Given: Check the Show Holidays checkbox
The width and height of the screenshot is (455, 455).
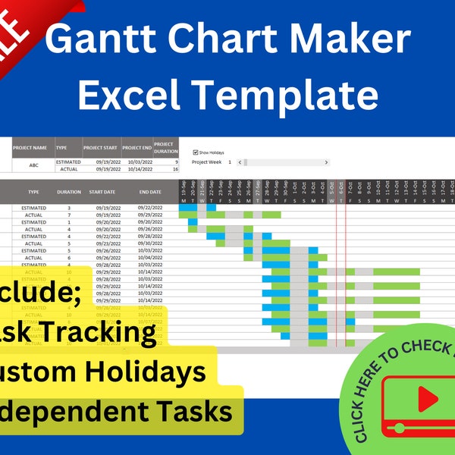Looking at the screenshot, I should coord(195,152).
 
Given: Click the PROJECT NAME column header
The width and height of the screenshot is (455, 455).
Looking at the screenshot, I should coord(33,148).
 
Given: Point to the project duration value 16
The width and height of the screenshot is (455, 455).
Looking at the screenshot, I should coord(175,170).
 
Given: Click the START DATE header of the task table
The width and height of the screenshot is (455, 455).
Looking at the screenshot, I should coord(102,193).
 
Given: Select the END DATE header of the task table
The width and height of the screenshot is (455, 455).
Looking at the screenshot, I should coord(149,193).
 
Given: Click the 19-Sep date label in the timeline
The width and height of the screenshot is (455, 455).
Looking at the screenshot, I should coord(184,187).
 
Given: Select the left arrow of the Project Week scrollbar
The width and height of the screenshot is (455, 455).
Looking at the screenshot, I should coord(240,162).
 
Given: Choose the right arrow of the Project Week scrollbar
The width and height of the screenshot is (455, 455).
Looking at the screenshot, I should coord(327,162).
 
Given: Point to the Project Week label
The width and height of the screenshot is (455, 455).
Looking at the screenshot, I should coord(206,162).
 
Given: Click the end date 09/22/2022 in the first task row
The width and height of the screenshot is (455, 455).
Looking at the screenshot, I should coord(149,207).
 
